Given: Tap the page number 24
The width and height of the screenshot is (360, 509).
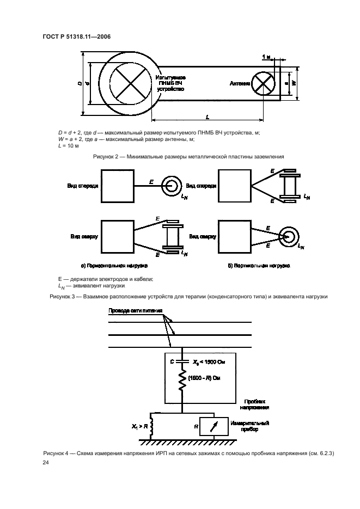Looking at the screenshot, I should point(45,463).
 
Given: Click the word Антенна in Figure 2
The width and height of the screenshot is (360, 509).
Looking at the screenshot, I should point(240,84).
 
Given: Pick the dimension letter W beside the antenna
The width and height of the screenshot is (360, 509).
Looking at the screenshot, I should point(294,83).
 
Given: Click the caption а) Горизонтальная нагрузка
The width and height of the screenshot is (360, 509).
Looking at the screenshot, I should point(115,266).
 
